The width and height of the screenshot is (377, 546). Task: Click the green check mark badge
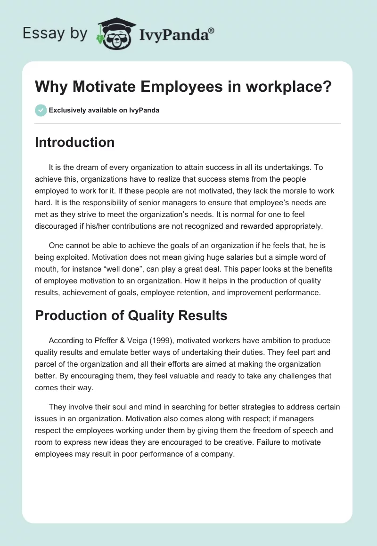pyautogui.click(x=41, y=110)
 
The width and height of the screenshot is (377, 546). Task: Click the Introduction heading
pyautogui.click(x=74, y=142)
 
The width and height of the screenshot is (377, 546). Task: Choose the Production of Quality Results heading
pyautogui.click(x=131, y=315)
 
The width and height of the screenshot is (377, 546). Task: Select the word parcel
pyautogui.click(x=45, y=364)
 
